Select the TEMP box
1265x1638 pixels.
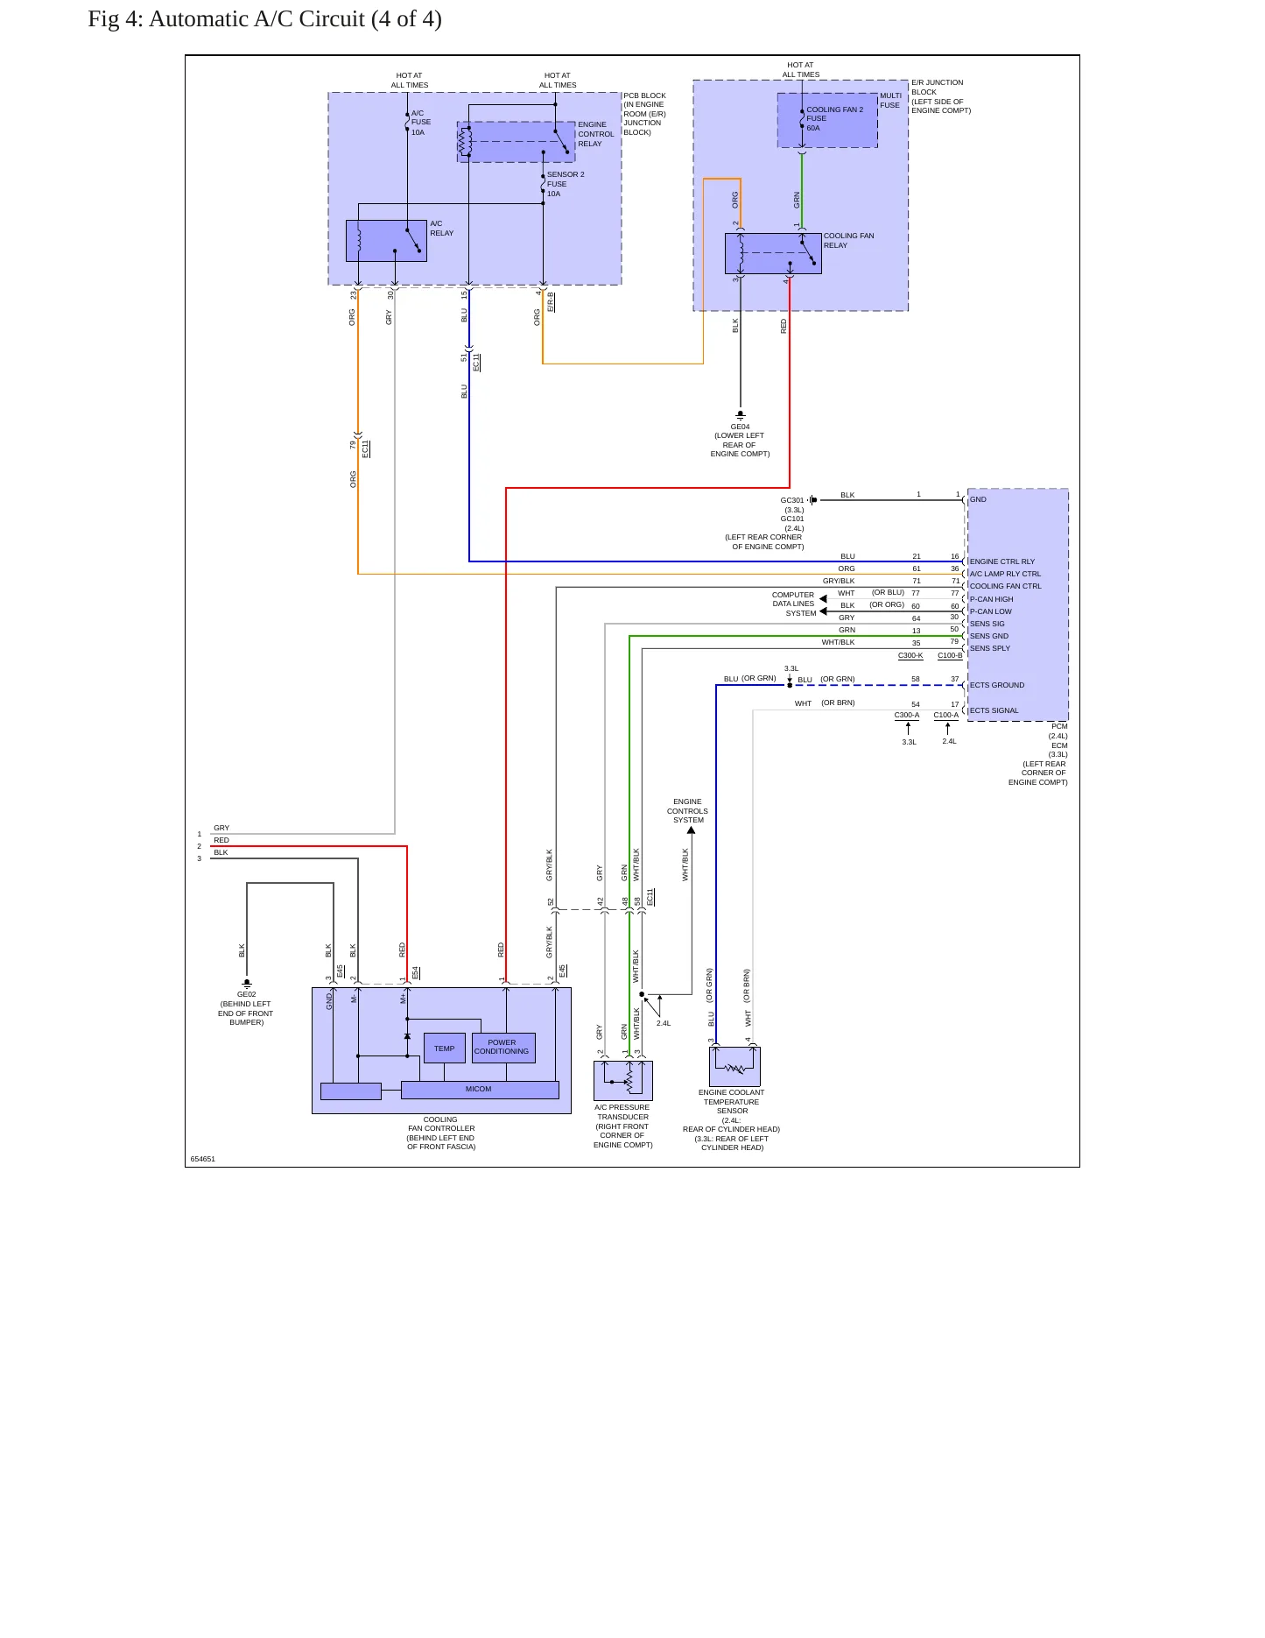(445, 1048)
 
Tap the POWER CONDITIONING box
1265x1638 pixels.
(503, 1048)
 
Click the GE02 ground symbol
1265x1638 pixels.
(247, 984)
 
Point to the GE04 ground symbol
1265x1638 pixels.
(741, 415)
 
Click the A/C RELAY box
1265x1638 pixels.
(386, 241)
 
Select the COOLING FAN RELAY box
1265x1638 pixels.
(773, 253)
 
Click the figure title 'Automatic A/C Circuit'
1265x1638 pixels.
(257, 19)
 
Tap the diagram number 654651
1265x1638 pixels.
(203, 1159)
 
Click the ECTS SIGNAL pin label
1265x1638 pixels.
(994, 710)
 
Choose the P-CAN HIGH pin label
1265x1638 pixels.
(992, 599)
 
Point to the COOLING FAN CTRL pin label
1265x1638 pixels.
(1006, 586)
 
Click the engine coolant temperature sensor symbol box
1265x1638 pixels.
(734, 1067)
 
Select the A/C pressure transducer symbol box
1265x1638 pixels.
(623, 1081)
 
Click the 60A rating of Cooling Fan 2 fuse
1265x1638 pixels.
(813, 128)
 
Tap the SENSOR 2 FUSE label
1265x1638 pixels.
(566, 179)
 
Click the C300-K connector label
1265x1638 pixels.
(910, 655)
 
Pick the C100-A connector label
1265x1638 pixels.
(946, 715)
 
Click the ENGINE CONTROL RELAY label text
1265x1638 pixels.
(596, 134)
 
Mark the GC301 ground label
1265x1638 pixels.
(792, 500)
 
